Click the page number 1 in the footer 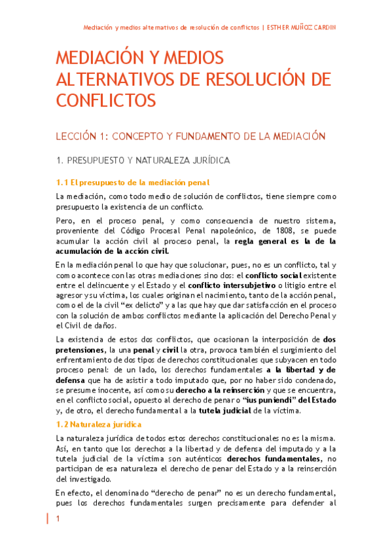tap(58, 519)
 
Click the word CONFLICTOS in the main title tap(106, 101)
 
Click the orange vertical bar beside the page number tap(48, 519)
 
